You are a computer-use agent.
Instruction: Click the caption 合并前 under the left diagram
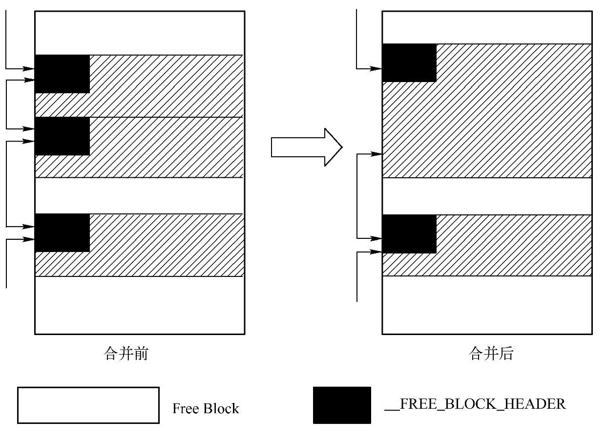[126, 353]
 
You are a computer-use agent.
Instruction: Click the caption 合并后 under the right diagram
[491, 353]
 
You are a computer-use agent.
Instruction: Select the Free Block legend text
[206, 408]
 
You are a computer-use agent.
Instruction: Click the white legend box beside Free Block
[88, 405]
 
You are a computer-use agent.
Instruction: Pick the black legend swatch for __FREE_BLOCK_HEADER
[342, 405]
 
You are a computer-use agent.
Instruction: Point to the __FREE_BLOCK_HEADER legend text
[475, 404]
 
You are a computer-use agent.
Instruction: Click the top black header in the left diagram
[63, 74]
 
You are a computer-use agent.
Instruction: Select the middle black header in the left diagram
[63, 136]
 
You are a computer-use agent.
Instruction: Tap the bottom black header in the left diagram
[63, 233]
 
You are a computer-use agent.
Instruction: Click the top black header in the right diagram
[409, 63]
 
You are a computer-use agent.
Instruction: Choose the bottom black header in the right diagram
[409, 234]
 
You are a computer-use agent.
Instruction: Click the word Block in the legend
[222, 408]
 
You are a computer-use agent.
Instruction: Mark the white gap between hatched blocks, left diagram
[140, 195]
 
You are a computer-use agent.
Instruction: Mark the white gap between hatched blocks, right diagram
[487, 196]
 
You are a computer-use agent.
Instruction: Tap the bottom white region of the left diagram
[140, 305]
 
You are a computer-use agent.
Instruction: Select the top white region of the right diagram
[487, 27]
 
